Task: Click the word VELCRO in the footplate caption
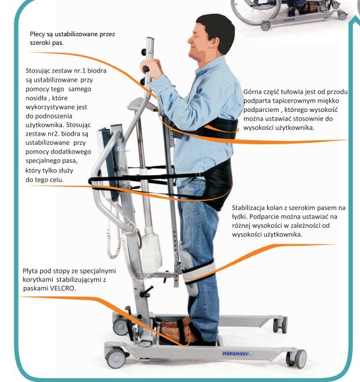point(63,288)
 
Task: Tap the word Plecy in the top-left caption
point(37,34)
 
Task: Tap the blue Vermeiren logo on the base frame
point(237,354)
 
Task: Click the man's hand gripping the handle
point(151,68)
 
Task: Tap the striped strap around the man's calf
point(198,272)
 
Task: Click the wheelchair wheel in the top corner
point(255,10)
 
